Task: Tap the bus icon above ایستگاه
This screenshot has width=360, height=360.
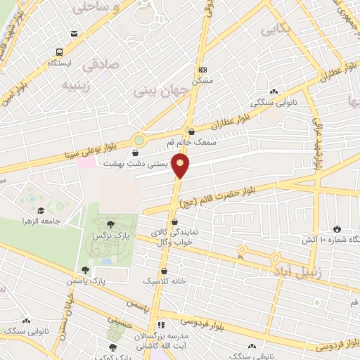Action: pyautogui.click(x=59, y=52)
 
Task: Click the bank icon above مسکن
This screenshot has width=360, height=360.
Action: pyautogui.click(x=202, y=70)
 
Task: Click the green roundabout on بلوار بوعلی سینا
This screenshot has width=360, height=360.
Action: pyautogui.click(x=139, y=140)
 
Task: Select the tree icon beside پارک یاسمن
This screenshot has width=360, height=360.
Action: pyautogui.click(x=85, y=270)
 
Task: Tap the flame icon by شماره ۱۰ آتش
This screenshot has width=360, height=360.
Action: pyautogui.click(x=337, y=229)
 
